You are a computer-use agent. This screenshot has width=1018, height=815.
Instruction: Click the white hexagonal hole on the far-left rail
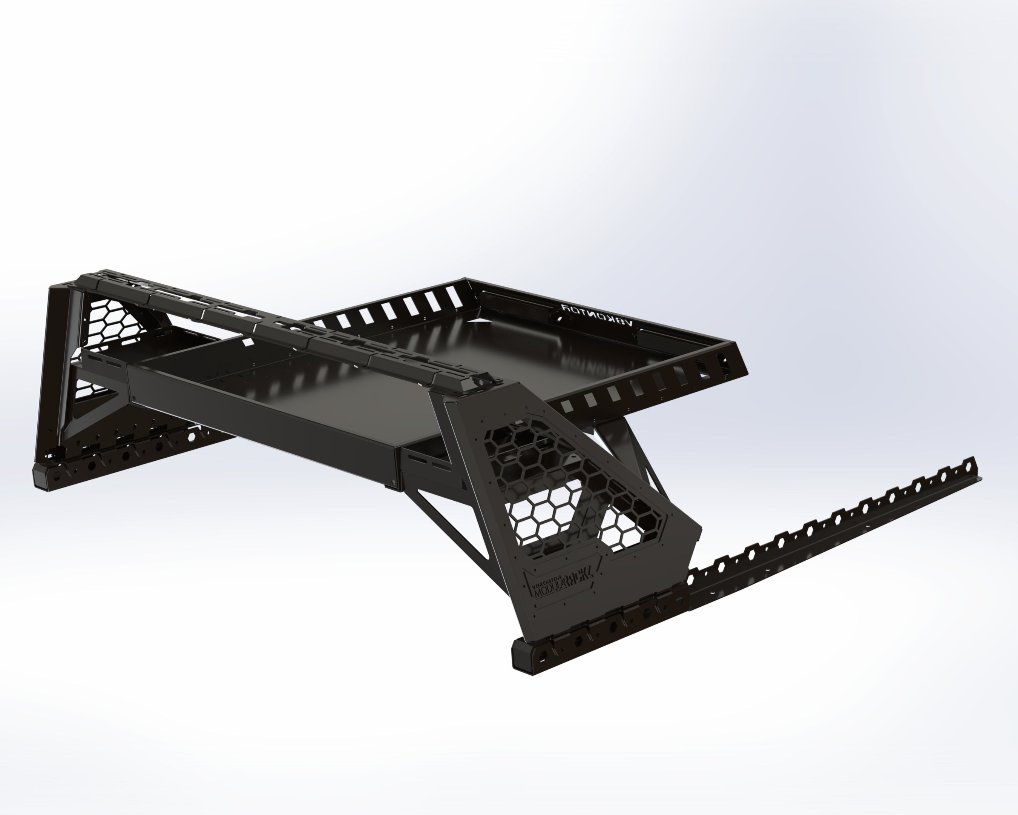(193, 437)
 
